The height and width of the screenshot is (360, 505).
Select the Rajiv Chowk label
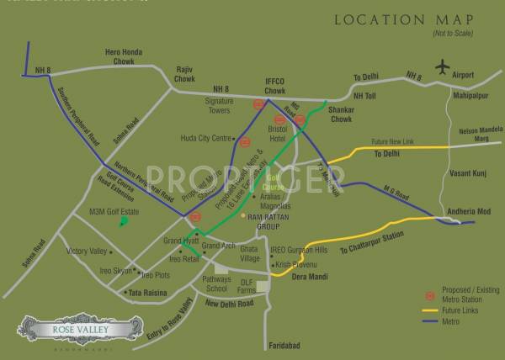pos(184,75)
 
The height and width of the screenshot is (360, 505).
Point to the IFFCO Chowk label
pos(270,80)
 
